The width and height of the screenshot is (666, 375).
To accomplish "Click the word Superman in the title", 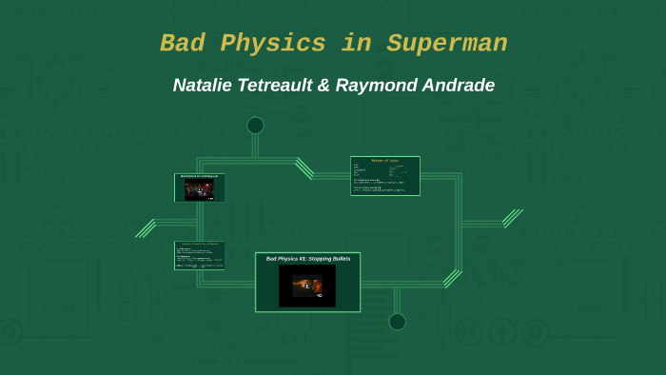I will [446, 44].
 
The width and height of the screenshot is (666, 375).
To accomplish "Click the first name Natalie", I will [206, 85].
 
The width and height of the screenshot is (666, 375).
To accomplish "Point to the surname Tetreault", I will [282, 85].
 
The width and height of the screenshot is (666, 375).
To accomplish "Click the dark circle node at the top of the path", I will [255, 126].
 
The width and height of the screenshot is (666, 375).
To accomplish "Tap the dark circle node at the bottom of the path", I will [398, 322].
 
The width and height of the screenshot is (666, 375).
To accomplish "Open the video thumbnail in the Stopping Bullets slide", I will [307, 285].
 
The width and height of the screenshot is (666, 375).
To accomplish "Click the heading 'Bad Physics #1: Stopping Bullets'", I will [307, 258].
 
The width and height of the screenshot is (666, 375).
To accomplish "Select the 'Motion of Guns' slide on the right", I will [384, 175].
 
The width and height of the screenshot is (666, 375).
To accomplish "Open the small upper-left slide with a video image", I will [200, 187].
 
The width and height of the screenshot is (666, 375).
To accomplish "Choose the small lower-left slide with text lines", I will [200, 255].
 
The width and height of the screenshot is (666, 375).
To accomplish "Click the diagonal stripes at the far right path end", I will [513, 218].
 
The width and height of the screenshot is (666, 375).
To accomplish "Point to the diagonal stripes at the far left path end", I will [146, 228].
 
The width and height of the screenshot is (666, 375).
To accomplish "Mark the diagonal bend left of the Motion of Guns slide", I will [304, 168].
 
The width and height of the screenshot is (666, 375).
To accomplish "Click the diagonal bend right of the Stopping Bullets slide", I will [452, 278].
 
